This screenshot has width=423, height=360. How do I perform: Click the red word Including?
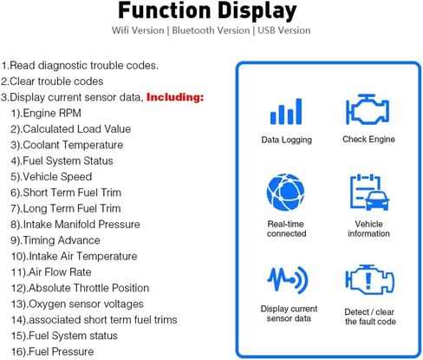click(x=175, y=97)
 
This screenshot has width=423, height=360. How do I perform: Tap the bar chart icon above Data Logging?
click(x=286, y=112)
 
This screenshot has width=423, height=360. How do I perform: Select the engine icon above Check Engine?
click(x=368, y=109)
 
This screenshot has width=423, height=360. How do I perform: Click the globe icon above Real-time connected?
click(x=285, y=192)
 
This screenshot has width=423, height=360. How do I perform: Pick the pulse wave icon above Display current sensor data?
click(x=288, y=279)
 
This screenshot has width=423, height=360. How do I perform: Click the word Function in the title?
click(x=165, y=10)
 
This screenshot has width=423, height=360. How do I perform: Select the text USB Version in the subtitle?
click(x=284, y=30)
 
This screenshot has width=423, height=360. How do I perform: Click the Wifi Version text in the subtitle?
click(x=138, y=30)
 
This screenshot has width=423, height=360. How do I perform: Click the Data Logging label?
click(x=287, y=140)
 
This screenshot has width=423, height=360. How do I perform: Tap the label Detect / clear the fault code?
click(x=370, y=317)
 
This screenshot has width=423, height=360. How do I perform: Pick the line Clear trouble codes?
click(x=52, y=82)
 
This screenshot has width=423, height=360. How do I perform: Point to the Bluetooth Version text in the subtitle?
click(x=211, y=30)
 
